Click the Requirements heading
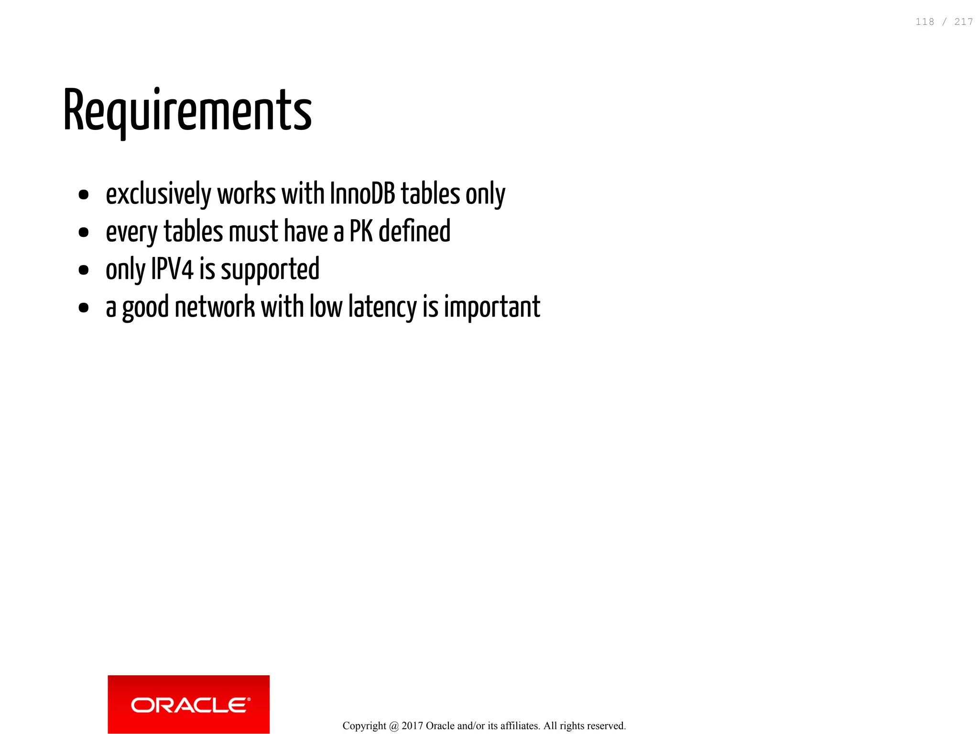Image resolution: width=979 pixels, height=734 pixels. (187, 111)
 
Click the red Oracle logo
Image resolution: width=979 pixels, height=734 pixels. (188, 704)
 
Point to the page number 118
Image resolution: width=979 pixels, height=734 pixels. (925, 22)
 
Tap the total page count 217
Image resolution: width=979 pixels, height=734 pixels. (963, 22)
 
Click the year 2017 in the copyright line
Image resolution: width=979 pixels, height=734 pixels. (412, 726)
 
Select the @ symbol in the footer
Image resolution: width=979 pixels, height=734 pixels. (394, 726)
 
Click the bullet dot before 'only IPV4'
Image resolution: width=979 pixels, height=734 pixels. (84, 270)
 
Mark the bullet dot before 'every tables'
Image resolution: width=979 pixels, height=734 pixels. (84, 233)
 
